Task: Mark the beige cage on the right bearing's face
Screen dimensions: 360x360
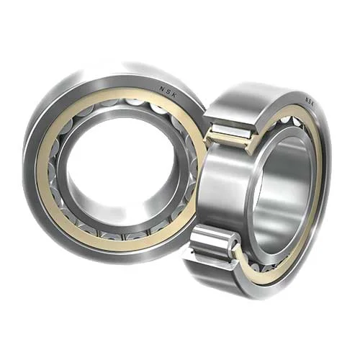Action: click(x=317, y=180)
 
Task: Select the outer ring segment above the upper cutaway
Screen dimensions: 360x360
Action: click(x=238, y=104)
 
